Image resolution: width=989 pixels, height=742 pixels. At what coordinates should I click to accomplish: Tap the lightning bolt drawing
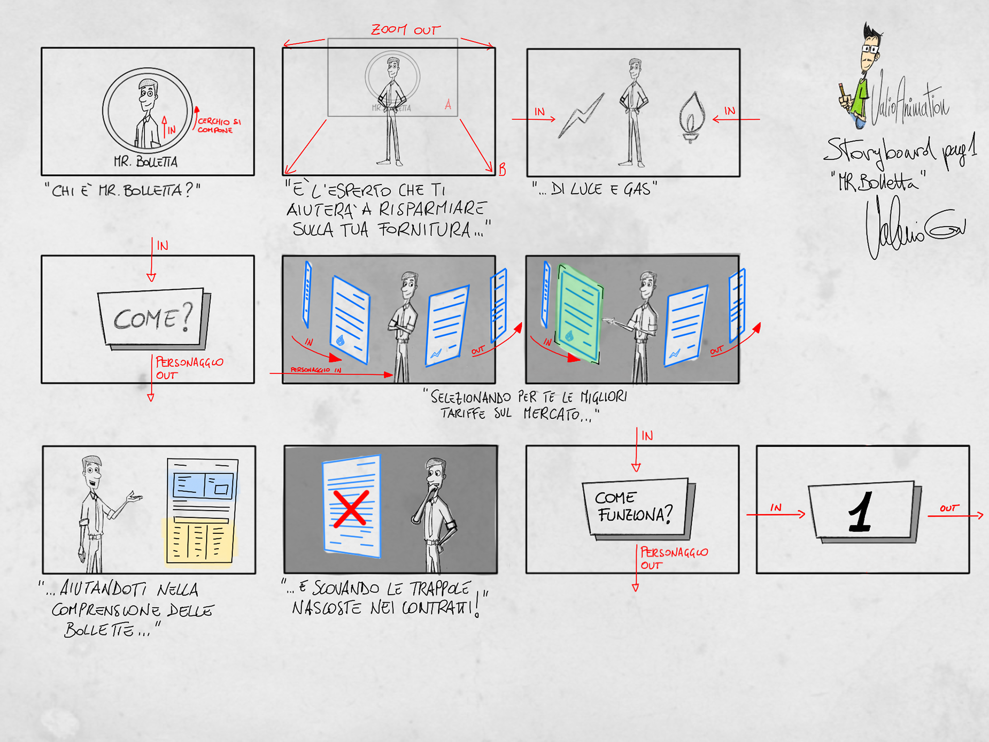coord(582,116)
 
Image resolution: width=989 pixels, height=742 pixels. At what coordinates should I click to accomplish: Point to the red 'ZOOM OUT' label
coord(406,30)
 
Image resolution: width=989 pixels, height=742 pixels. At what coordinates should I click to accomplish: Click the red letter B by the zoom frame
coord(502,169)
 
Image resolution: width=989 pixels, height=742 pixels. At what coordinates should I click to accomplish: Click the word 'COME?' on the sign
coord(152,317)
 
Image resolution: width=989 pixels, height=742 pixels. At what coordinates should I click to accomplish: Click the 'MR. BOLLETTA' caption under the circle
coord(146,162)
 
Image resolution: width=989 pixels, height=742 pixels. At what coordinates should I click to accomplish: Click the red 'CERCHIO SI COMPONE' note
coord(218,126)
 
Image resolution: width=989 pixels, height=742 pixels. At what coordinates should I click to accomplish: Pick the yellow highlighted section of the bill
coord(199,541)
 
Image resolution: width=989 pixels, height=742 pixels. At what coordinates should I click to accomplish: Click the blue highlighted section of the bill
coord(203,485)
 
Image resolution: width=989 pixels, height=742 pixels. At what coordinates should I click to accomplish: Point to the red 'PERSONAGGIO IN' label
coord(315,370)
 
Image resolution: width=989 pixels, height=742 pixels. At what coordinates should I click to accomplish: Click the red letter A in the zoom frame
coord(448,105)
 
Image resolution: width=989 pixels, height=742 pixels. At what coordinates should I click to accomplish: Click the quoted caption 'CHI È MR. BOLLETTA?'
coord(123,191)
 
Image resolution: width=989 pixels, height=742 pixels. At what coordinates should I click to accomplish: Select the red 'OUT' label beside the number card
coord(949,508)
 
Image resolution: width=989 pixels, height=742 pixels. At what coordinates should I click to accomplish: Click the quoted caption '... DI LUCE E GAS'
coord(594,189)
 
